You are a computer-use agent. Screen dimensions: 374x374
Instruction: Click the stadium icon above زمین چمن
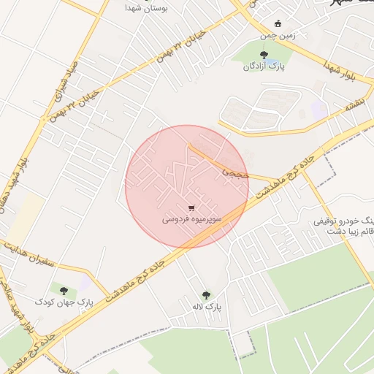[278, 23]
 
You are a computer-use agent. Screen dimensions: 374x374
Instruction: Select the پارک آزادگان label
[264, 66]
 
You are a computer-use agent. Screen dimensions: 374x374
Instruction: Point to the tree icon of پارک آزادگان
[264, 54]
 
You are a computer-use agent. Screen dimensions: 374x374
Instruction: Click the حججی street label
[236, 175]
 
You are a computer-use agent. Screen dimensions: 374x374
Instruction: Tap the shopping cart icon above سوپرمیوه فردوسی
[191, 207]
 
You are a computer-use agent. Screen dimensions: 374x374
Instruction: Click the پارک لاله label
[207, 307]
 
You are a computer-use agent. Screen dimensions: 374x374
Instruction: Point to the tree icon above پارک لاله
[207, 295]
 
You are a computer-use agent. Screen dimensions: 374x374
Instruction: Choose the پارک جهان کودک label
[64, 302]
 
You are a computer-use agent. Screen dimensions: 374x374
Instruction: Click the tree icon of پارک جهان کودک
[64, 290]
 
